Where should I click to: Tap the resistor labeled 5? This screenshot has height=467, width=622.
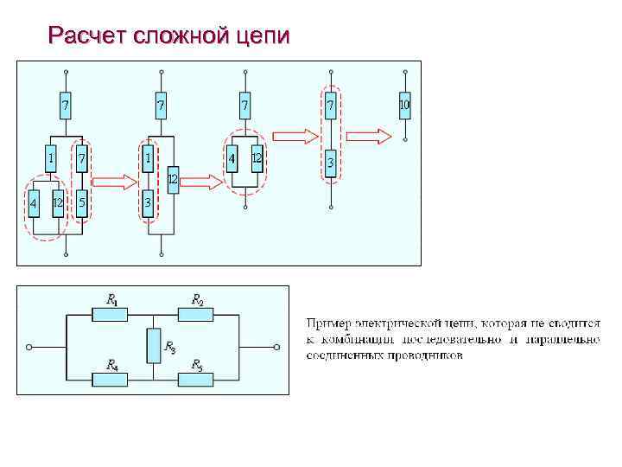tap(81, 202)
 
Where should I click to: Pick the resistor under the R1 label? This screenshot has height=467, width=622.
tap(109, 314)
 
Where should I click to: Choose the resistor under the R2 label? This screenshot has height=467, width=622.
tap(195, 314)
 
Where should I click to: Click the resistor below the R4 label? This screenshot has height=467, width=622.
tap(109, 378)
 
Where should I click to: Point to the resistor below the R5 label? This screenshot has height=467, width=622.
tap(195, 378)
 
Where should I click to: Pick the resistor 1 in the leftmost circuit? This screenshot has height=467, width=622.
tap(51, 158)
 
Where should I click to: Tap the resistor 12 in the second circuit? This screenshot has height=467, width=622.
tap(173, 179)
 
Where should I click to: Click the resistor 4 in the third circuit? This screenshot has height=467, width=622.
tap(232, 158)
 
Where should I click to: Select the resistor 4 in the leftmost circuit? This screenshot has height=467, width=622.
tap(33, 202)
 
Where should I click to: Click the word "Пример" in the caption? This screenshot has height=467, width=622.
tap(329, 323)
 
